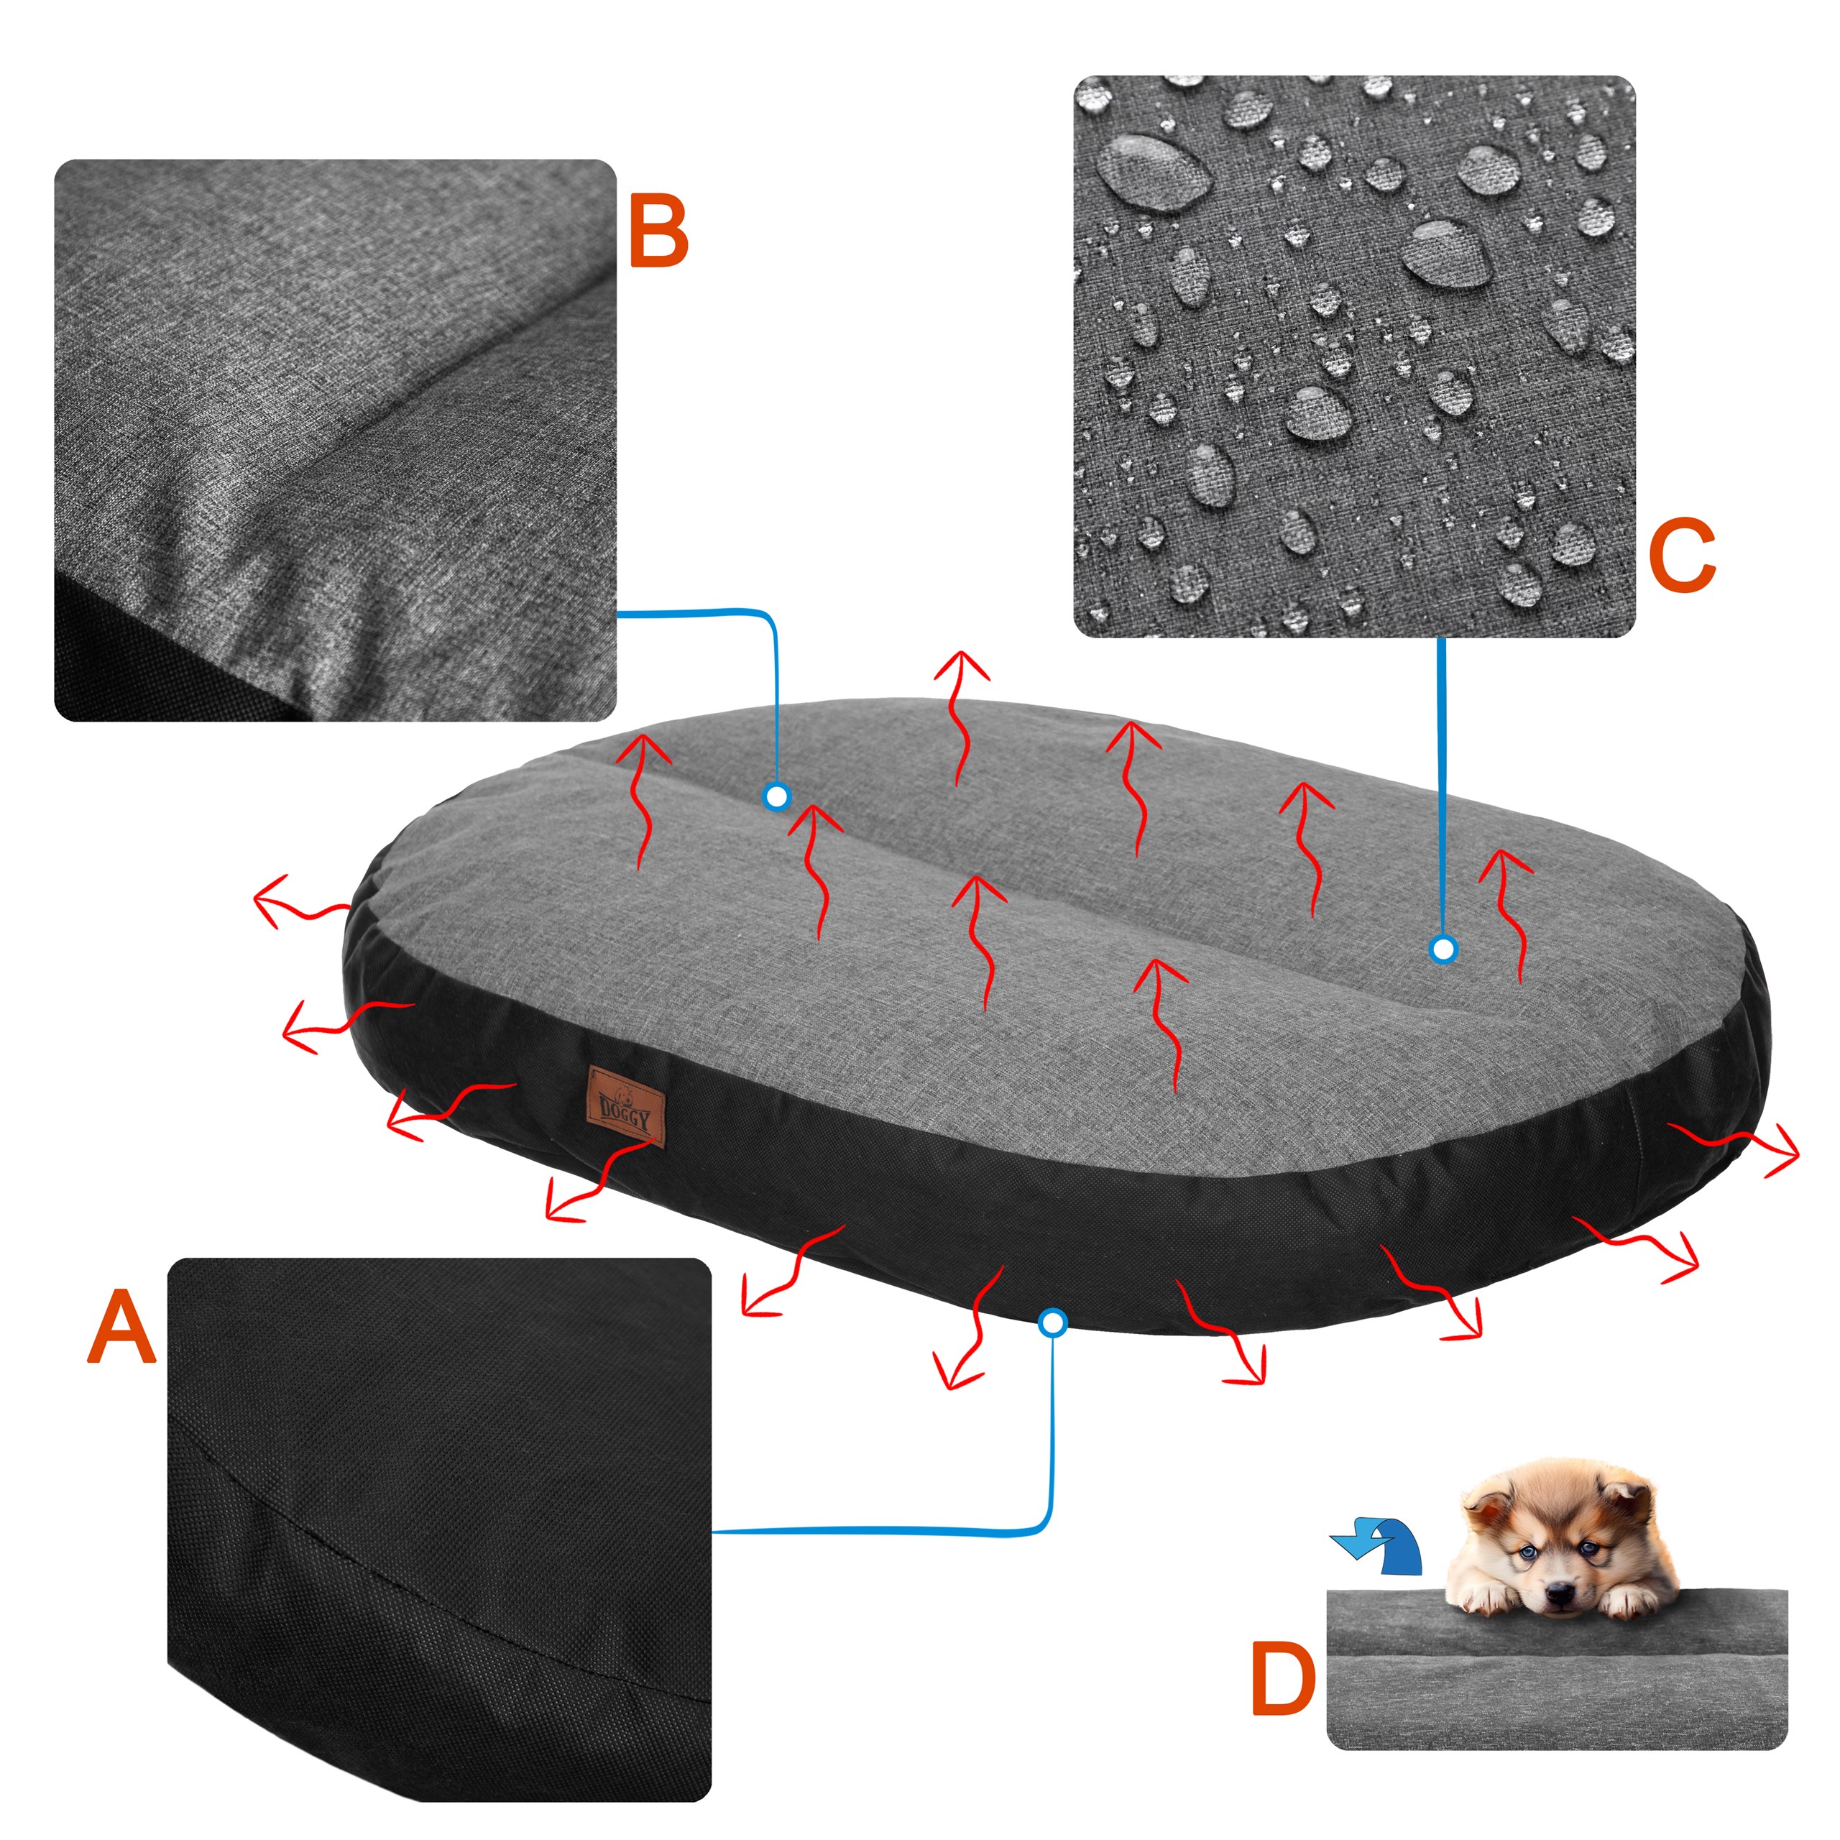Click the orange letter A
[121, 1328]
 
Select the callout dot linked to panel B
[777, 796]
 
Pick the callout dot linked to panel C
[1444, 949]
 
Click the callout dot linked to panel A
[1052, 1322]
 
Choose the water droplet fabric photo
[1353, 356]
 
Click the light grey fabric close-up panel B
[335, 439]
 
